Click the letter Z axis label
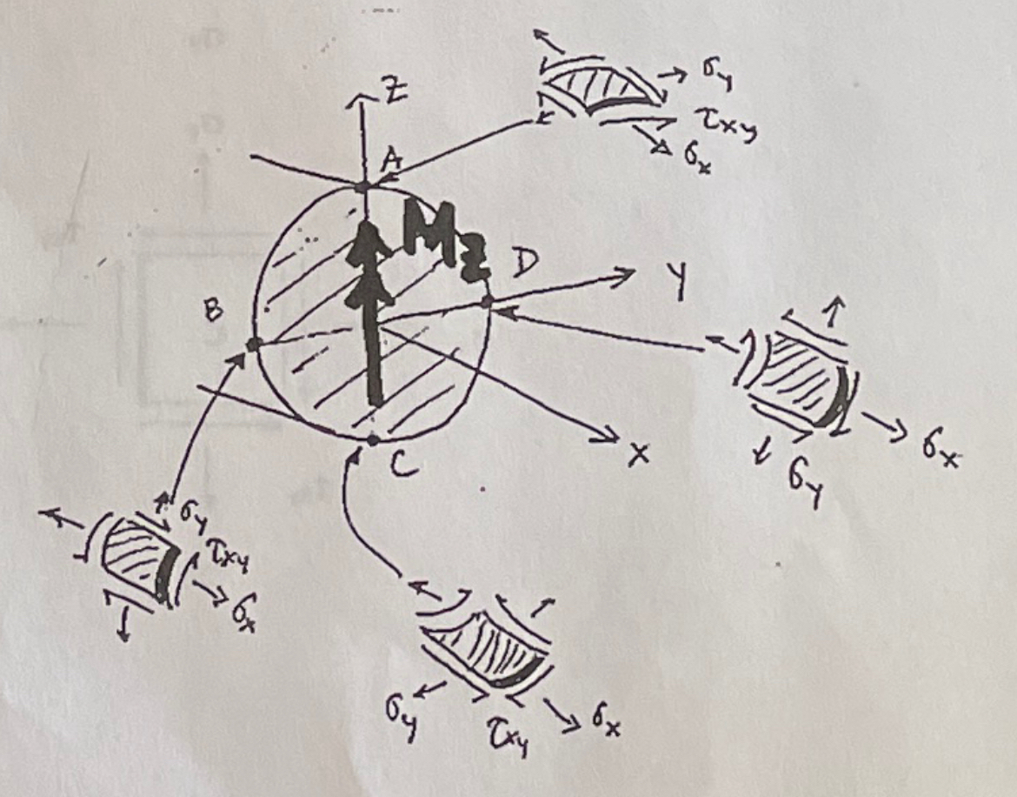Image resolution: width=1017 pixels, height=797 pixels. pyautogui.click(x=392, y=93)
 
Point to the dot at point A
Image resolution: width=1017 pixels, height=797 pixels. pyautogui.click(x=366, y=185)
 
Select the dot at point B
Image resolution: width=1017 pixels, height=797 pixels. pyautogui.click(x=253, y=345)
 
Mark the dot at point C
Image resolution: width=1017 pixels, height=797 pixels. pyautogui.click(x=372, y=439)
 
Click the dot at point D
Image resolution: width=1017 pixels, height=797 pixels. pyautogui.click(x=488, y=301)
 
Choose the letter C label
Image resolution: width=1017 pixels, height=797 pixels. pyautogui.click(x=404, y=467)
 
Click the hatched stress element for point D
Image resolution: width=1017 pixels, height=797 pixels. pyautogui.click(x=797, y=380)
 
